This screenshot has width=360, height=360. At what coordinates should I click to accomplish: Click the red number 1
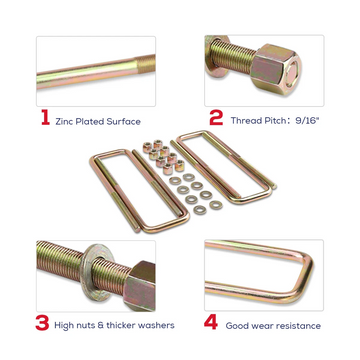coord(46,118)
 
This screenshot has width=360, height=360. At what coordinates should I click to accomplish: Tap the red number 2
coord(216,118)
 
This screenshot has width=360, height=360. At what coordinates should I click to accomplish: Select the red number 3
coord(42,323)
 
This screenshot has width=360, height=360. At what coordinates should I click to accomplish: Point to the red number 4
coord(211,323)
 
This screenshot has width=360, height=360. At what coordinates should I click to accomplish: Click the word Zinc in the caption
coord(64,122)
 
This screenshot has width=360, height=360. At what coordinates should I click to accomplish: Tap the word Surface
coord(124,122)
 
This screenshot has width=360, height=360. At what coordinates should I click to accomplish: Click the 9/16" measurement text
coord(307,121)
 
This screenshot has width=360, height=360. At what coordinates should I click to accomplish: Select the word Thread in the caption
coord(245,121)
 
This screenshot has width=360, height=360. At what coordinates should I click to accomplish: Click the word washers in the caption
coord(157,325)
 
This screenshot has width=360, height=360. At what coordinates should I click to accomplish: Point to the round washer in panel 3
coord(97,271)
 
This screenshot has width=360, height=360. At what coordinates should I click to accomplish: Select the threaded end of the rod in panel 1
coord(146,64)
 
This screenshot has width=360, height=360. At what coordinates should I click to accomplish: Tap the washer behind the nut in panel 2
coord(214,56)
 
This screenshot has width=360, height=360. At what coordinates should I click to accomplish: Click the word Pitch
coord(274,121)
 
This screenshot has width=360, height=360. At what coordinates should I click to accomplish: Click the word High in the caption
coord(63,325)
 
